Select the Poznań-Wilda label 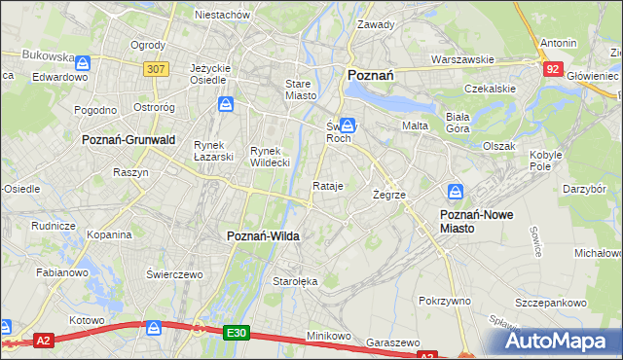tap(262, 236)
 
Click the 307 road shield tap(155, 69)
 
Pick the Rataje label tap(328, 186)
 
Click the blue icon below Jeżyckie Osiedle tap(226, 104)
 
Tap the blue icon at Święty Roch tap(347, 126)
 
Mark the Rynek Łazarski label tap(209, 151)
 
